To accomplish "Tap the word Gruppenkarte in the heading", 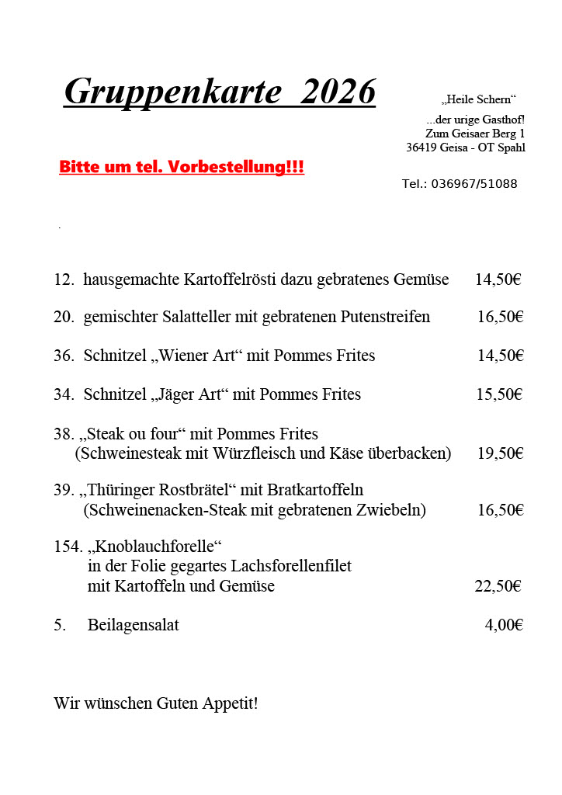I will pos(172,92).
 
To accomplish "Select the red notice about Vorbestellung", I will pos(182,167).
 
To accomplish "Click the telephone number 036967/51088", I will pos(474,184).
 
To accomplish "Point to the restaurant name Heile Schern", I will pos(478,99).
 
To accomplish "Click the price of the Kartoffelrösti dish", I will pos(498,279).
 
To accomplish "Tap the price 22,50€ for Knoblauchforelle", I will pos(498,586).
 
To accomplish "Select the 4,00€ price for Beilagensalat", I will pos(504,625).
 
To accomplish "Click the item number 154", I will pos(68,547).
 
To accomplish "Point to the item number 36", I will pos(64,356).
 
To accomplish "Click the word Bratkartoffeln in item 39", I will pos(315,490).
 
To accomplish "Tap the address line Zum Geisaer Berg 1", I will pos(475,134).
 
